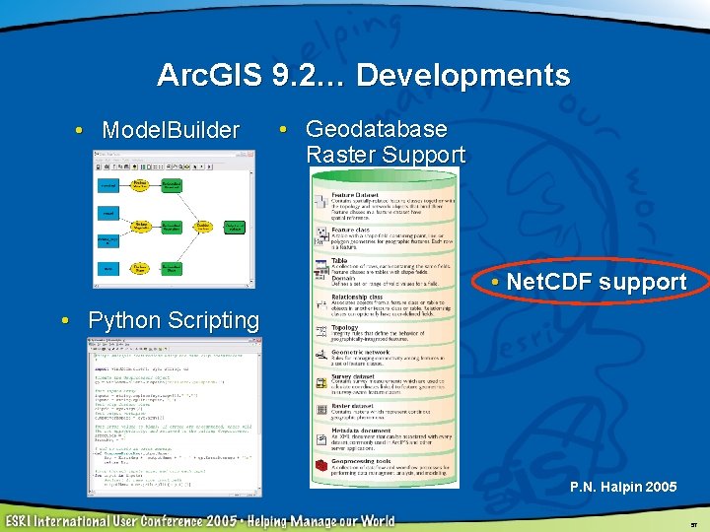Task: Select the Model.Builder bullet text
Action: pos(171,130)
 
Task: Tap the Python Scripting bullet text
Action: pos(174,320)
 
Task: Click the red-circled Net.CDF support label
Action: pos(596,282)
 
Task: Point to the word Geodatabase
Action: pos(377,129)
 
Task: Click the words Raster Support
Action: pos(386,155)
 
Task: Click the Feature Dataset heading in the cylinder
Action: pos(354,194)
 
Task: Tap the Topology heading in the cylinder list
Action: pos(344,327)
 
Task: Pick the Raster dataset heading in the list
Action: pos(352,404)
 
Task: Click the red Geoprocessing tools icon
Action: pos(320,467)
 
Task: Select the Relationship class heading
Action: pos(357,294)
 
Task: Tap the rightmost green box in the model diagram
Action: pos(235,227)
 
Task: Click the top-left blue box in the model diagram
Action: pos(109,185)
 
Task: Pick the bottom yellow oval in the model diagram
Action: pos(141,267)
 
